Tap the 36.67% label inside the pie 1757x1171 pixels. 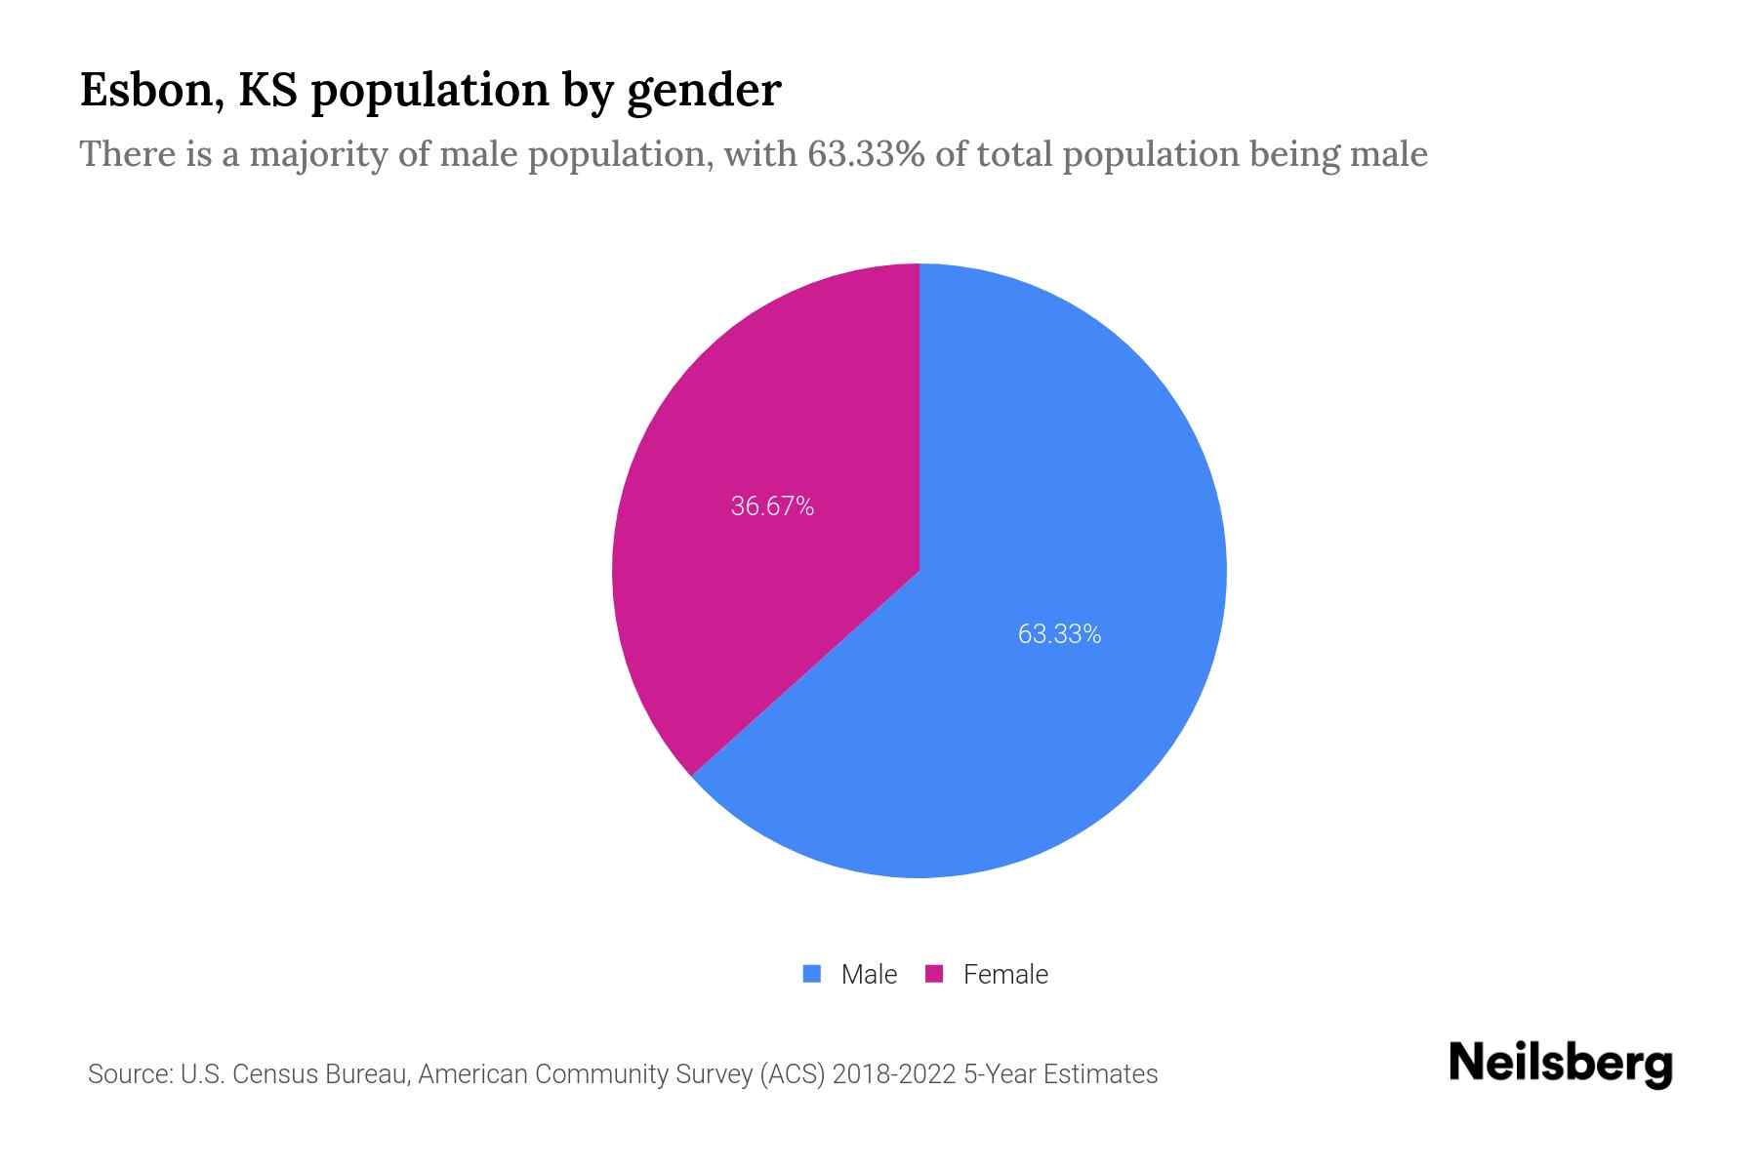pyautogui.click(x=772, y=506)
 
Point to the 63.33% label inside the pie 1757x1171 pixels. pyautogui.click(x=1059, y=634)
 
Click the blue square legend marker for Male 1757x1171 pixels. pyautogui.click(x=811, y=974)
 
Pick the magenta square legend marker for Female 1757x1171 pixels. pyautogui.click(x=934, y=974)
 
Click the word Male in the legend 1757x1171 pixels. pyautogui.click(x=869, y=974)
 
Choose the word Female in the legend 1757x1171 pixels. pyautogui.click(x=1005, y=974)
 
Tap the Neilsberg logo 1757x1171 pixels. pyautogui.click(x=1560, y=1064)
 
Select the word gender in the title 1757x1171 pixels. pyautogui.click(x=703, y=92)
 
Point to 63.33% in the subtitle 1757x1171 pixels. pyautogui.click(x=865, y=154)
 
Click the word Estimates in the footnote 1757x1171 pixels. pyautogui.click(x=1100, y=1074)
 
